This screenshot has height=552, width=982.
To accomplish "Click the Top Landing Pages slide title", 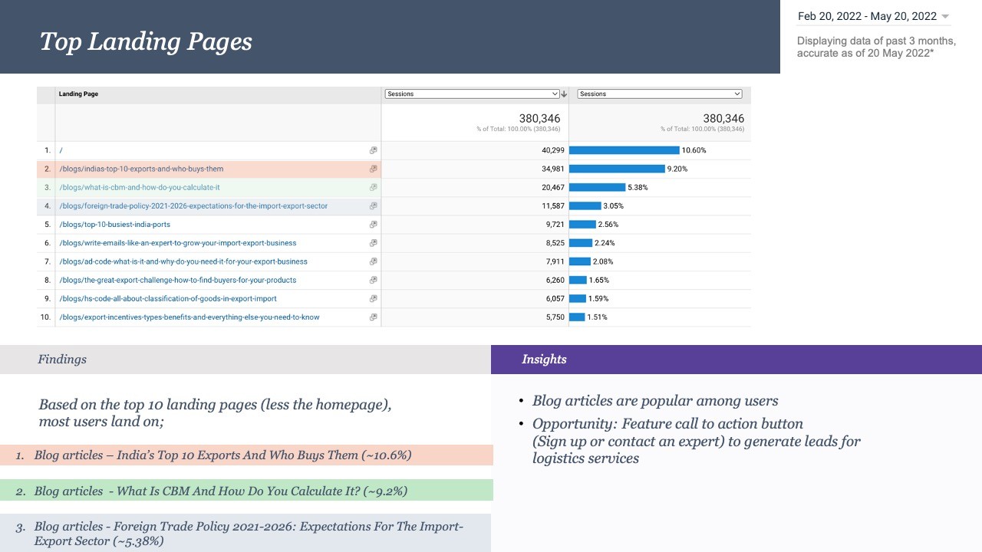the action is [146, 42].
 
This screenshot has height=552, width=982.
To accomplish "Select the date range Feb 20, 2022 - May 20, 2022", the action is [867, 16].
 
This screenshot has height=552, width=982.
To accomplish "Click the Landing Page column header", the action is [78, 94].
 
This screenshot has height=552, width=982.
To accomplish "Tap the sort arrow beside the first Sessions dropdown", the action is [564, 94].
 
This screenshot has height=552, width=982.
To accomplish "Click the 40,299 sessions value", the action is [553, 150].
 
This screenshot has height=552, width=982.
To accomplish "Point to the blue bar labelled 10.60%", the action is [624, 150].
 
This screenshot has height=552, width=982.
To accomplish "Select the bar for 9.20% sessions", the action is [617, 169].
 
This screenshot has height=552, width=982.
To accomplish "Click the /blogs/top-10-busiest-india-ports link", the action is [115, 225].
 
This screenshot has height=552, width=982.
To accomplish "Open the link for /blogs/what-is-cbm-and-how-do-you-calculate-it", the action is [140, 188].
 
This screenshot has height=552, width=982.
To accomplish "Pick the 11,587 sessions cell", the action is [553, 206].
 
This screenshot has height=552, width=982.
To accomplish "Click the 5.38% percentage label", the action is [638, 188].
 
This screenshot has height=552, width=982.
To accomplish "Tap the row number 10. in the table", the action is [45, 317].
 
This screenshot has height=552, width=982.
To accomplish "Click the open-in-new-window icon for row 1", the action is [373, 150].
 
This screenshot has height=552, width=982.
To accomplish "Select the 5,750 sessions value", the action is [555, 317].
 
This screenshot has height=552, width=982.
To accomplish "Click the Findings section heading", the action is [62, 360].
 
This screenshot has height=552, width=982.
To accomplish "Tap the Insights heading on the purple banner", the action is [544, 360].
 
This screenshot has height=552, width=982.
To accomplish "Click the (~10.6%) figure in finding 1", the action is [386, 455].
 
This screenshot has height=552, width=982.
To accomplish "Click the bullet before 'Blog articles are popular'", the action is [521, 401].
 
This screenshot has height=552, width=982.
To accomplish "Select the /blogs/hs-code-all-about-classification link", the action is [168, 299].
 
